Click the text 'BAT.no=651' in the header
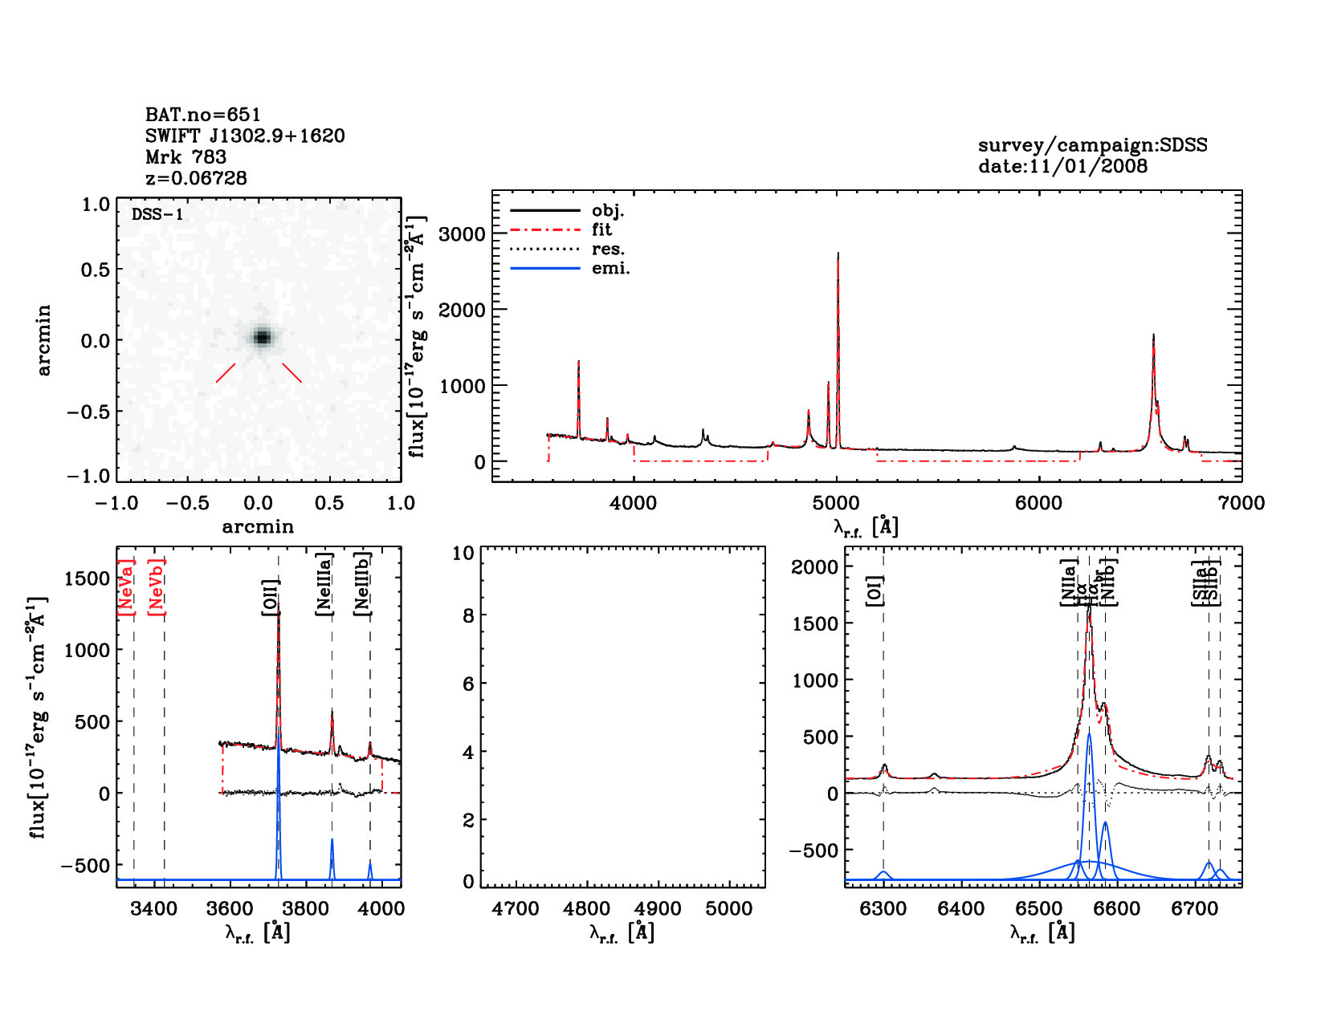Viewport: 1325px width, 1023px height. click(202, 115)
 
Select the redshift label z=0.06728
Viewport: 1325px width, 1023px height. click(196, 178)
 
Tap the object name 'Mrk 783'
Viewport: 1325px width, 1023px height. click(185, 157)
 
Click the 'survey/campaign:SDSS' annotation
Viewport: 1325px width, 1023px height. click(1092, 145)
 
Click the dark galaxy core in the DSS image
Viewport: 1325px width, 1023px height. click(262, 337)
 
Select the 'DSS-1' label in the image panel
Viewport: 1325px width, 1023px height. click(157, 214)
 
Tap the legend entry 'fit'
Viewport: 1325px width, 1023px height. click(601, 229)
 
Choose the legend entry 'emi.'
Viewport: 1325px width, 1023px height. click(610, 268)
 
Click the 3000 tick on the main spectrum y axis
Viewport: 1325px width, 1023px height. click(463, 234)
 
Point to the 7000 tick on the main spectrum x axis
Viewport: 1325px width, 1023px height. click(1241, 503)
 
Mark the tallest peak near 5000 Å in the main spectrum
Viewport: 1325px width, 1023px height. click(838, 255)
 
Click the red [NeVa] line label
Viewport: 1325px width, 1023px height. click(126, 587)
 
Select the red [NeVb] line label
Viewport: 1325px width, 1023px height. click(157, 587)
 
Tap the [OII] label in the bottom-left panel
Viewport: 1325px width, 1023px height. click(270, 597)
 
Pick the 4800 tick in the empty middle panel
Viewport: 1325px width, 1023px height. click(587, 909)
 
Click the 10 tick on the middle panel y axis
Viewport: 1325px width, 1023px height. click(463, 553)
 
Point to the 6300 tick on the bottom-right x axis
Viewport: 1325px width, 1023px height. click(883, 909)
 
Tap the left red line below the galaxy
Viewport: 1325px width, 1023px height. click(226, 373)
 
